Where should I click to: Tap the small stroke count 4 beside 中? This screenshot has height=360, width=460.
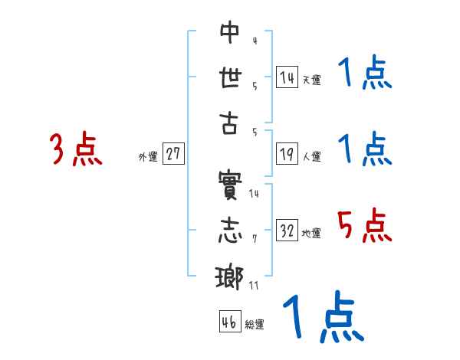coord(255,40)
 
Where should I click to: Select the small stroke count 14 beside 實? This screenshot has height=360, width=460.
coord(255,193)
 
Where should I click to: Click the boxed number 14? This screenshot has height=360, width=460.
coord(287,77)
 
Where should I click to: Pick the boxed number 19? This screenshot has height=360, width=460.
coord(287,154)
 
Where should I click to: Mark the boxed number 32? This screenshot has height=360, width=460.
coord(287,231)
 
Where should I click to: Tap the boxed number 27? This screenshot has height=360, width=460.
coord(173,154)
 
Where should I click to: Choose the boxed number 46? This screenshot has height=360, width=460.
coord(228,322)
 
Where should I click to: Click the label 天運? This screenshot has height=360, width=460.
coord(311,80)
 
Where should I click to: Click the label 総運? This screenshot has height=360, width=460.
coord(254,325)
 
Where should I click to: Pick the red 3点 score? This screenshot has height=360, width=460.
coord(75,149)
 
